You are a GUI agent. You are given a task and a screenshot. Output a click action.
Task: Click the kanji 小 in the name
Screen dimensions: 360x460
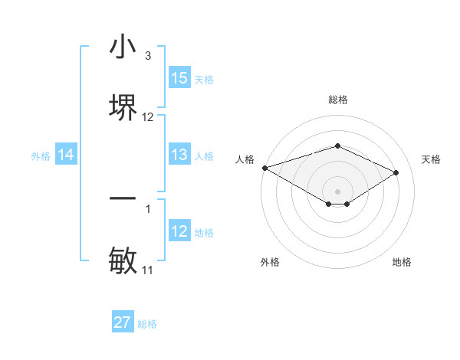123,47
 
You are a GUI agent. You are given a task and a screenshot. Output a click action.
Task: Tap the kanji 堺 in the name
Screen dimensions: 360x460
123,106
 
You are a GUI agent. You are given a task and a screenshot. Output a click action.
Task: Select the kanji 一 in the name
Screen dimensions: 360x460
123,199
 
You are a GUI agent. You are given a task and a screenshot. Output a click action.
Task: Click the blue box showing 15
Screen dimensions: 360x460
179,78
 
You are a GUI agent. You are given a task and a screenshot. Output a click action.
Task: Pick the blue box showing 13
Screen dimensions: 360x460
179,155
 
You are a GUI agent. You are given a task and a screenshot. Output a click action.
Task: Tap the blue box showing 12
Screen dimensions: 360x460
179,231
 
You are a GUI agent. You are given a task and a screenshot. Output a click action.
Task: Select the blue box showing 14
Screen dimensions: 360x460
66,155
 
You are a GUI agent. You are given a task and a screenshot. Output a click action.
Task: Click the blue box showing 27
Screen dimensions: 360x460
123,322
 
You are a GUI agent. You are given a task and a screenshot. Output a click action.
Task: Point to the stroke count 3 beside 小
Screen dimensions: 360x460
148,56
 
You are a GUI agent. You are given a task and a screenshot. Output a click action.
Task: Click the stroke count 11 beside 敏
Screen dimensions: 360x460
148,270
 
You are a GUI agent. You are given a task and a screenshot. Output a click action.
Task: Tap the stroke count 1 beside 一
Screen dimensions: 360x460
148,208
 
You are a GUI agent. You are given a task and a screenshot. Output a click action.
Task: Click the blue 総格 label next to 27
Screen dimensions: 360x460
147,324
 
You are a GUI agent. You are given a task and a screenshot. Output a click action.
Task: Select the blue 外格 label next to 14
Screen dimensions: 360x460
41,155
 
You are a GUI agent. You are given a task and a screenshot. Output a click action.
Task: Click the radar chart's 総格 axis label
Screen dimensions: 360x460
338,100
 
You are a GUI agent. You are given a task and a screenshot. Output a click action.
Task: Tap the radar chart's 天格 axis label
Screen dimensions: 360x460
432,159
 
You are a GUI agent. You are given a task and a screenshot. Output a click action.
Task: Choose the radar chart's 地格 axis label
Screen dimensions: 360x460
402,262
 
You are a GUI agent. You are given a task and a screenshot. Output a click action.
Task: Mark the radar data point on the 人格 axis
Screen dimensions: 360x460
264,168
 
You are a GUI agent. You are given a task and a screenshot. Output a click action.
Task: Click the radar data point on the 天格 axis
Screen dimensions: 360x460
396,172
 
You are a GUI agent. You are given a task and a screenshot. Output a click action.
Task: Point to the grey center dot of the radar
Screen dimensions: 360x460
338,191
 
